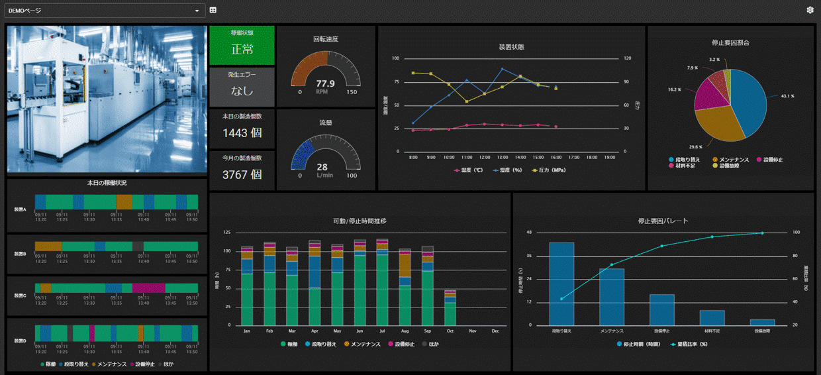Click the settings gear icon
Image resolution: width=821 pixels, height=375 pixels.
[810, 10]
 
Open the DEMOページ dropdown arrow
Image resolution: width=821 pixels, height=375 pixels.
[197, 11]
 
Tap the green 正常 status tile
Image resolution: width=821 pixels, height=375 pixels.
[242, 46]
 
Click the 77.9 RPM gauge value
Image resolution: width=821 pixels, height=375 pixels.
[325, 83]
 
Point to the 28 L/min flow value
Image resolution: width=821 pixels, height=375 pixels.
[322, 167]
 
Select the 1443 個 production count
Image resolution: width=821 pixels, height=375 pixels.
[242, 133]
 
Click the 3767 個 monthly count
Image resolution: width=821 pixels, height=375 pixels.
[242, 175]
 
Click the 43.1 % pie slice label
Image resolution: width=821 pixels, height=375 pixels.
[787, 96]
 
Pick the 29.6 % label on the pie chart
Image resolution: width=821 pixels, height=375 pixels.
[695, 147]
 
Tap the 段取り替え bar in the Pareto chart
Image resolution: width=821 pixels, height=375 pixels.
[561, 284]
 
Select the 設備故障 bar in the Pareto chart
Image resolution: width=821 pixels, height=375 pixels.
[762, 322]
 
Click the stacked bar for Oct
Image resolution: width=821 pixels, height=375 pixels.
[450, 308]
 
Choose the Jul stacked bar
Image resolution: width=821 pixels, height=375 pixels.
[382, 285]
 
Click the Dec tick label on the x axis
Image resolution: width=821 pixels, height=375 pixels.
[495, 331]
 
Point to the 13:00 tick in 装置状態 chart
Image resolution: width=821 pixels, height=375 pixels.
[503, 158]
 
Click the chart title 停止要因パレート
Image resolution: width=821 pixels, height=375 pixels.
[663, 221]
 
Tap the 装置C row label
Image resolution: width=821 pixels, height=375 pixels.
[20, 295]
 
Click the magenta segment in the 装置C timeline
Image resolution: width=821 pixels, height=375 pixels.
[148, 288]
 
